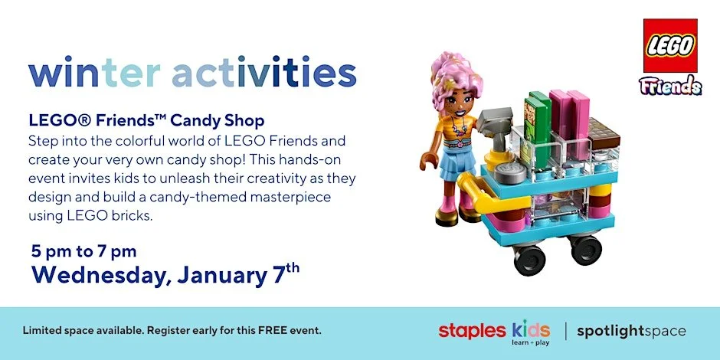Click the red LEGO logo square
(669, 45)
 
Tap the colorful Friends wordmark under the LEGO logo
(670, 85)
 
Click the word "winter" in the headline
(94, 74)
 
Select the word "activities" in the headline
(264, 74)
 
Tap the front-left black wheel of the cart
(529, 260)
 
